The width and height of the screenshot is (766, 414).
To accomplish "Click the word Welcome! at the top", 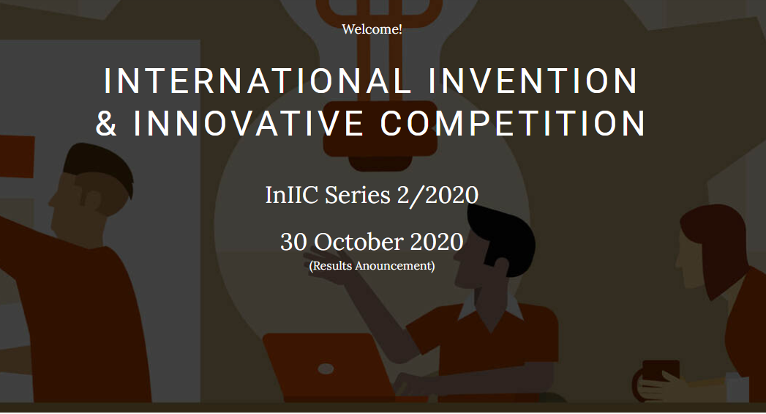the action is pos(372,29).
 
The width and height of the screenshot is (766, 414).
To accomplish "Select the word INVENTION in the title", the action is pos(533,81).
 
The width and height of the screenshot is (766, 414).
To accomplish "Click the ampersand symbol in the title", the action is pos(107,123).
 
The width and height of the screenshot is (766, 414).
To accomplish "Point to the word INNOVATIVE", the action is pos(248,123).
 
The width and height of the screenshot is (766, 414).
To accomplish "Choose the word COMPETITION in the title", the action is pos(513,123).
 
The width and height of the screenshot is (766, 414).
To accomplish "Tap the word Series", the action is pos(358,195).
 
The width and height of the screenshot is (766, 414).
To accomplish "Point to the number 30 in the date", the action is pos(293,242).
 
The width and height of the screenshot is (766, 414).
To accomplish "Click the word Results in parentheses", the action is pos(331,266).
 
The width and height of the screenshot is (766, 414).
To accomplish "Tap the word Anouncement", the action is pos(395,266).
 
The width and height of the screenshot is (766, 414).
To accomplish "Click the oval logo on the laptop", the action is pos(326,369).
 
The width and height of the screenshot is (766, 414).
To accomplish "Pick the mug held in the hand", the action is pos(655,376).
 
